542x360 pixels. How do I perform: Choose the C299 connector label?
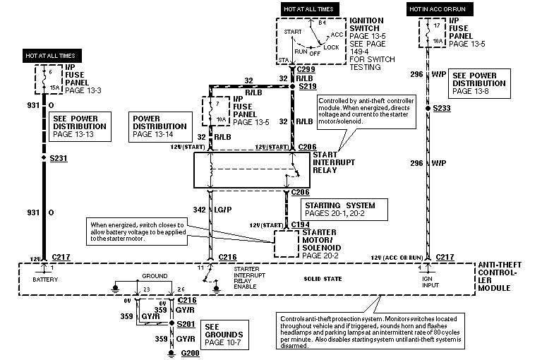pyautogui.click(x=306, y=70)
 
